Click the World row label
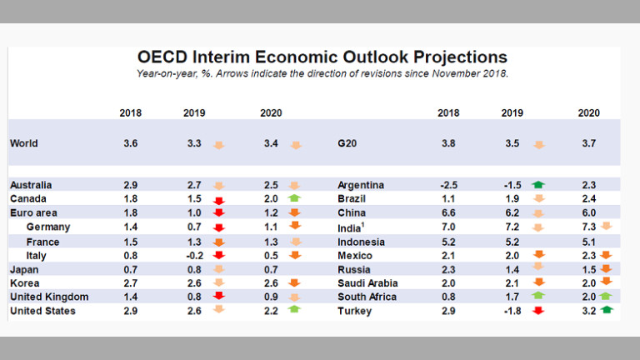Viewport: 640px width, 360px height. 24,143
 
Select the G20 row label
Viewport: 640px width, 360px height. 350,143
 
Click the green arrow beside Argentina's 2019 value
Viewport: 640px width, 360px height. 538,185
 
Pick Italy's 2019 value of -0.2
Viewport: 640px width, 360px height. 193,256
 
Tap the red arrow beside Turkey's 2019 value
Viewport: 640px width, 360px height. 538,312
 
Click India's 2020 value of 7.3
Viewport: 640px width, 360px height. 588,227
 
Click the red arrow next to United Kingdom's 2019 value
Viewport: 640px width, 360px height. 219,297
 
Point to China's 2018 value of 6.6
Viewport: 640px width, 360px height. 447,213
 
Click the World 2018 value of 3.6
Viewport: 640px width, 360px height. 130,143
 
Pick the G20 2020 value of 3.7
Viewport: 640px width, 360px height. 588,143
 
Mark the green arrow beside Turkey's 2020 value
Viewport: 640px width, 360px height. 607,312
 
